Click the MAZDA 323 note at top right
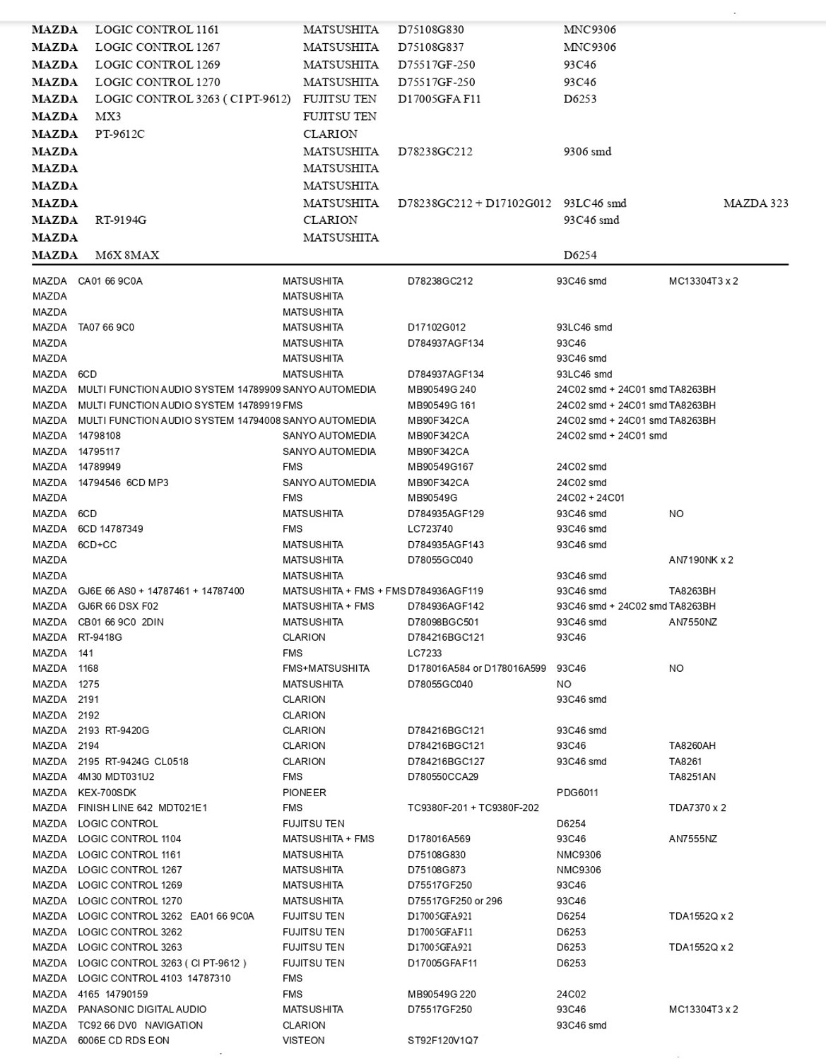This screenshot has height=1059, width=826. (x=755, y=203)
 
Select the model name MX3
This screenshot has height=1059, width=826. (x=108, y=117)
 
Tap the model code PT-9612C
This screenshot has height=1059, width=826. (x=119, y=134)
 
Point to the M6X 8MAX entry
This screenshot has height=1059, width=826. (x=127, y=255)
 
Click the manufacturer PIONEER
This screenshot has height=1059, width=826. (x=305, y=793)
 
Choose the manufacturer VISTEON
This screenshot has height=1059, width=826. (x=304, y=1041)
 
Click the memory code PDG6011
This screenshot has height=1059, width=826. (x=577, y=793)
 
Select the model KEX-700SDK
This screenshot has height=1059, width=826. (x=107, y=793)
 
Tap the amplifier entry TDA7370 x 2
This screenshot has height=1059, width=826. (x=697, y=807)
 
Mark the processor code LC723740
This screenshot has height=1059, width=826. (x=430, y=529)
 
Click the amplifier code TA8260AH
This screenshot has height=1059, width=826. (x=692, y=746)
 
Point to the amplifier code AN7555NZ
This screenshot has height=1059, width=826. (x=693, y=839)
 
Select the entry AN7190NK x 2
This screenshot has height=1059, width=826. (x=701, y=560)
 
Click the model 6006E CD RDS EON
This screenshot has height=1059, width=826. (x=124, y=1041)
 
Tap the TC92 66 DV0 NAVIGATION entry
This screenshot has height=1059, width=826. (x=140, y=1025)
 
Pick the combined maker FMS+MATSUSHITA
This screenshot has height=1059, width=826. (x=326, y=668)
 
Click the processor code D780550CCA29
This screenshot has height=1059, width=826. (x=443, y=777)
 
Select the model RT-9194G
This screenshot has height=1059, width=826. (x=121, y=220)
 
